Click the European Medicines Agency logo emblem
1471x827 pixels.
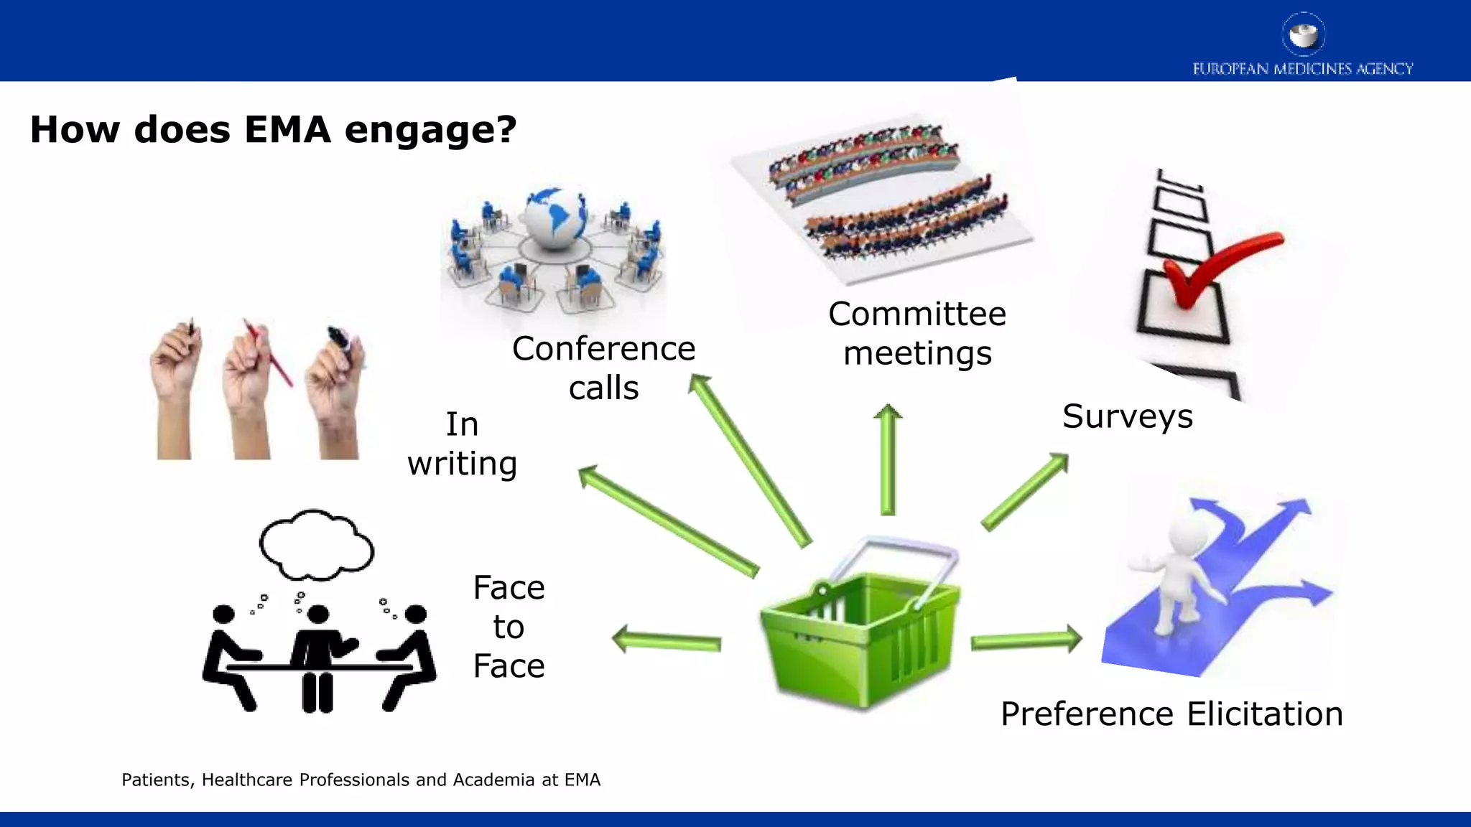coord(1303,34)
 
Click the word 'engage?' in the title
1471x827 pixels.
coord(430,130)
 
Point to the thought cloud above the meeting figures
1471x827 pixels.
coord(316,546)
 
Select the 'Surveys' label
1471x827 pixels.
coord(1127,416)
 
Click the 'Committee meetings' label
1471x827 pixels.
coord(917,334)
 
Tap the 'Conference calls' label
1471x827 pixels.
coord(603,368)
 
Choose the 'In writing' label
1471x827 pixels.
coord(462,444)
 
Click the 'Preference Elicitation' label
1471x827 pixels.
coord(1171,714)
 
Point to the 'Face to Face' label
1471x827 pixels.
coord(509,627)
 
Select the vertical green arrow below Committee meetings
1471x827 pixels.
coord(888,459)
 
